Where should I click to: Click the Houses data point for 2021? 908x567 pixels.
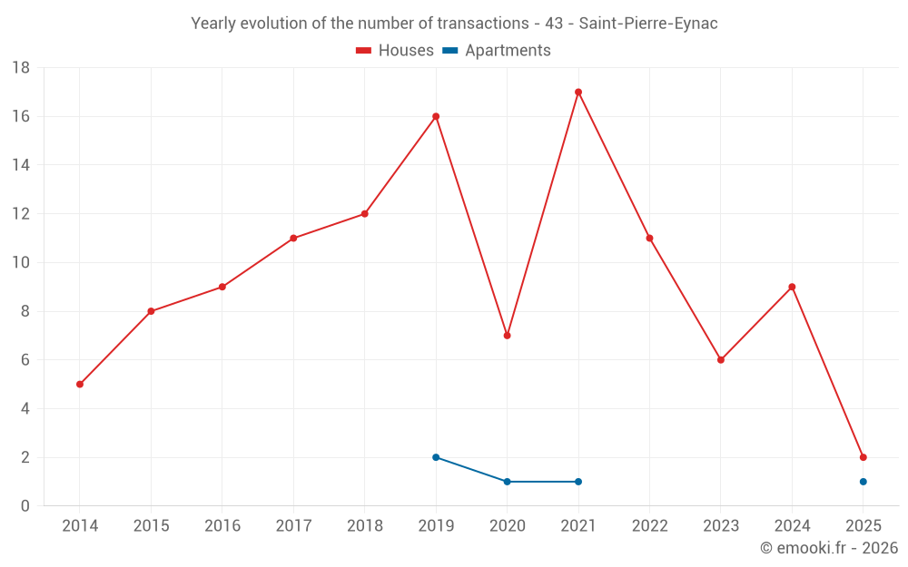pyautogui.click(x=578, y=93)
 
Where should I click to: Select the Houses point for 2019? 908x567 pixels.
pyautogui.click(x=436, y=116)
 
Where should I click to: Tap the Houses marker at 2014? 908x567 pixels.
pyautogui.click(x=80, y=385)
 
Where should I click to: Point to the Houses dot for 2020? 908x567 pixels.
pyautogui.click(x=507, y=336)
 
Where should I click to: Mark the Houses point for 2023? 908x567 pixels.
pyautogui.click(x=721, y=360)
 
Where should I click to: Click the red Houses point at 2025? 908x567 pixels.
pyautogui.click(x=863, y=457)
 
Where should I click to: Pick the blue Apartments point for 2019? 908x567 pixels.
pyautogui.click(x=436, y=457)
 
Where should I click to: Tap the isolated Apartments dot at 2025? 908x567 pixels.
pyautogui.click(x=863, y=482)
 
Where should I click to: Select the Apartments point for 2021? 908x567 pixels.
pyautogui.click(x=578, y=482)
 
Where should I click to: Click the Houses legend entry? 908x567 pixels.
pyautogui.click(x=395, y=51)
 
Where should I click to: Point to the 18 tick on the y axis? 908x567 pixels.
pyautogui.click(x=21, y=68)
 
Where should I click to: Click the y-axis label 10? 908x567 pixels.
pyautogui.click(x=21, y=263)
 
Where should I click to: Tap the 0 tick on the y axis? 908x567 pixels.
pyautogui.click(x=25, y=506)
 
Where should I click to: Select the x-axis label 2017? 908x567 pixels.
pyautogui.click(x=293, y=526)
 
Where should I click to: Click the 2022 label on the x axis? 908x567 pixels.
pyautogui.click(x=649, y=526)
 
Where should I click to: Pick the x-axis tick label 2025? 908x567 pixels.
pyautogui.click(x=863, y=526)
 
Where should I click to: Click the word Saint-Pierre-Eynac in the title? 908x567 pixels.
pyautogui.click(x=647, y=24)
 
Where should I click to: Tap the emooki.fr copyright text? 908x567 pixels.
pyautogui.click(x=828, y=548)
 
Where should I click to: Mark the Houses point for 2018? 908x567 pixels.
pyautogui.click(x=364, y=214)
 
